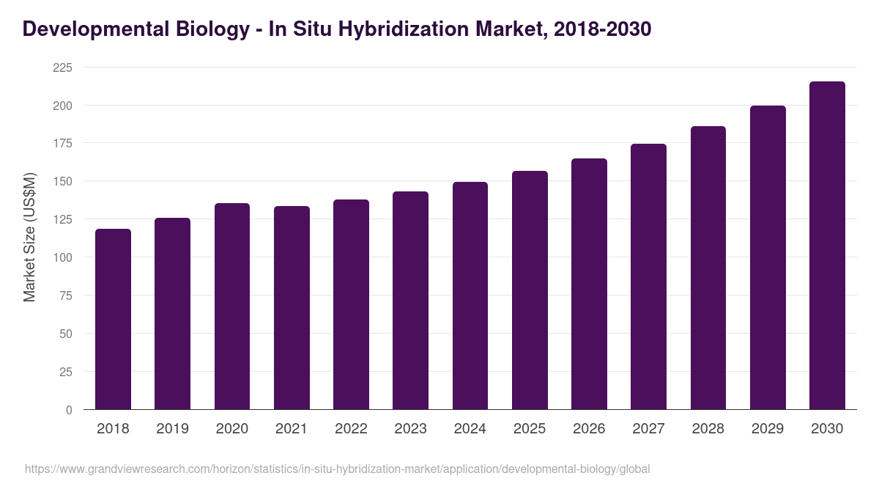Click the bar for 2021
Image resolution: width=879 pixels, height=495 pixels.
click(292, 308)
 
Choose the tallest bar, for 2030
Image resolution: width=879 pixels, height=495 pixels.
click(827, 246)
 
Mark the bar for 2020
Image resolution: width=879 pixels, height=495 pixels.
click(232, 307)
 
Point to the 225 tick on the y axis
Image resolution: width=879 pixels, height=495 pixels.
click(63, 67)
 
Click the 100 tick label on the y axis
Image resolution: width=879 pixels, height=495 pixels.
click(63, 257)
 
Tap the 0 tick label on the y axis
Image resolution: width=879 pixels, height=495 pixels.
click(69, 410)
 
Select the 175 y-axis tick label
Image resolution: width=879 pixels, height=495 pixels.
click(63, 143)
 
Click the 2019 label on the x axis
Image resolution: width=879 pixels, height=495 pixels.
click(172, 429)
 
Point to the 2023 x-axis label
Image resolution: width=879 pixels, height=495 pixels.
click(410, 429)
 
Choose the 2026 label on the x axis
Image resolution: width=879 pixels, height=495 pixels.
click(589, 429)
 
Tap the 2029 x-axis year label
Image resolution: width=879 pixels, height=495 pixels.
click(768, 429)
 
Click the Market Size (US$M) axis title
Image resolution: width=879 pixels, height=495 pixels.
click(29, 237)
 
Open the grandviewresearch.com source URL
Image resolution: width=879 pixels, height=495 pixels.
click(337, 469)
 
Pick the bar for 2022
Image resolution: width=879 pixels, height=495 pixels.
click(351, 304)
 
